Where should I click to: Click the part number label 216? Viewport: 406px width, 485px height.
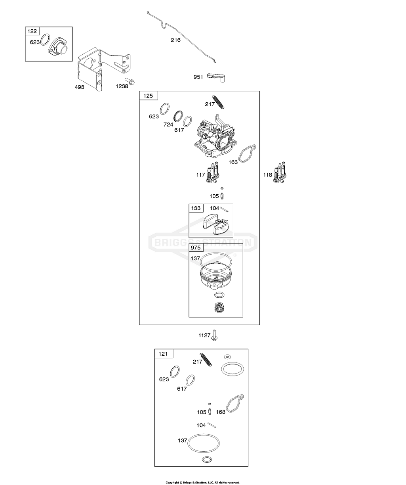coord(175,40)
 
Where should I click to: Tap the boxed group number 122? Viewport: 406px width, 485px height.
coord(31,31)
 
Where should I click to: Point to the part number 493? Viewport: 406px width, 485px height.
coord(79,87)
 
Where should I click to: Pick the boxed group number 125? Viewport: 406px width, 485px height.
coord(148,96)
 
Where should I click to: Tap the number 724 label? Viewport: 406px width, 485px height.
coord(168,124)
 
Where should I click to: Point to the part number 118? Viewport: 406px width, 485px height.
coord(267,174)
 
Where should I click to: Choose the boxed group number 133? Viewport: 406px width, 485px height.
coord(196,208)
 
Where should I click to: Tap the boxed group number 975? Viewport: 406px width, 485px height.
coord(196,248)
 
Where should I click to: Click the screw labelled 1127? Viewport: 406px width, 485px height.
coord(214,335)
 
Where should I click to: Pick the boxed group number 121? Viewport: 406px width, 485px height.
coord(163,354)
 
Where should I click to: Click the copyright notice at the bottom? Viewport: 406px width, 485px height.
coord(203,483)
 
